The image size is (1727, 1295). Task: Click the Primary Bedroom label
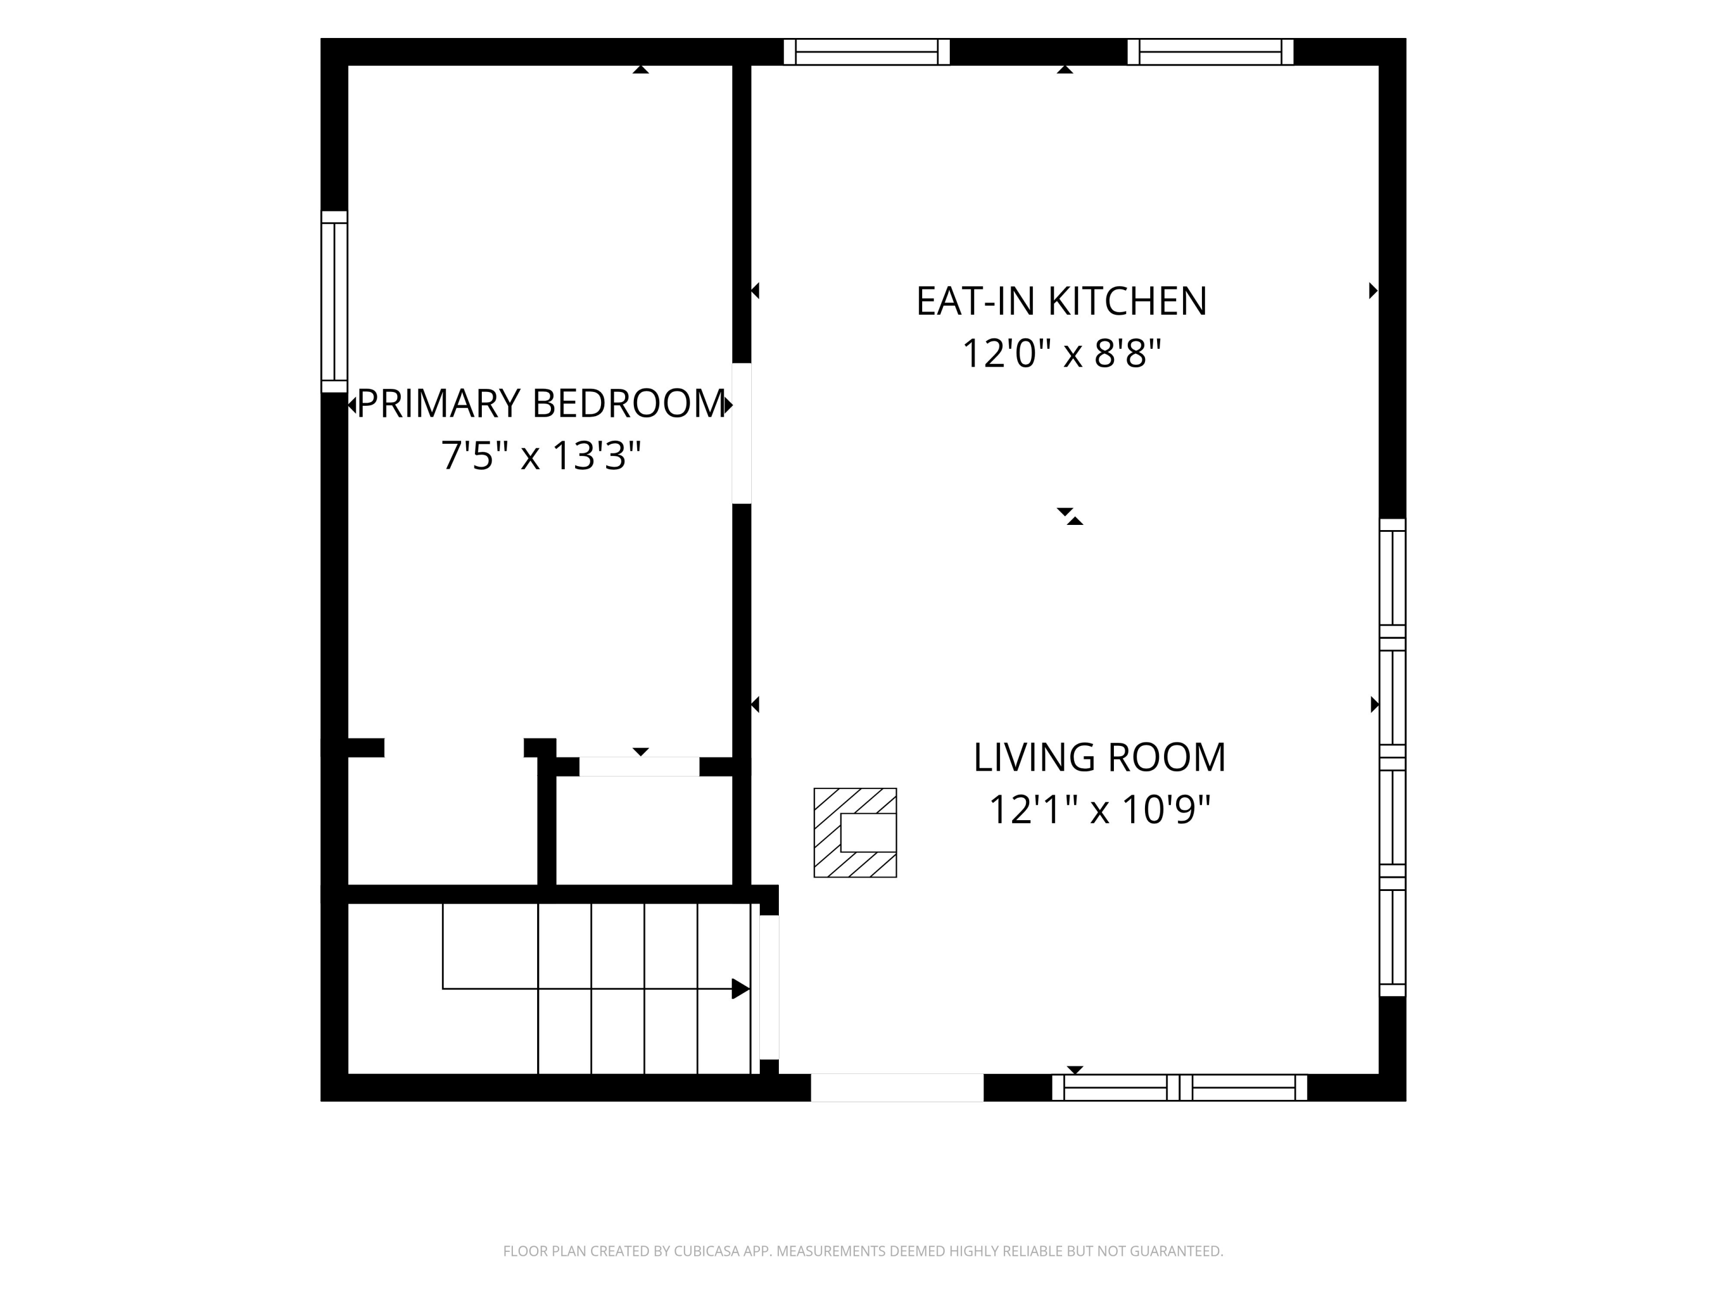[x=541, y=403]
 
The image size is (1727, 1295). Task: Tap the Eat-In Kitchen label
[x=1061, y=302]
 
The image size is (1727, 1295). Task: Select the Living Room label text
[x=1100, y=757]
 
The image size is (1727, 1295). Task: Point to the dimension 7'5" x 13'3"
[x=541, y=455]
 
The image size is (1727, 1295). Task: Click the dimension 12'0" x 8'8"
[x=1061, y=353]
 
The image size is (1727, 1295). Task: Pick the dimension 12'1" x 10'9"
[x=1100, y=809]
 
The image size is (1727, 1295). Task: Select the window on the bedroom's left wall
[x=334, y=302]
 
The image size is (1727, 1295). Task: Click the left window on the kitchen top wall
[x=866, y=52]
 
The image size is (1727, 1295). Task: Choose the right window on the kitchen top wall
[x=1210, y=52]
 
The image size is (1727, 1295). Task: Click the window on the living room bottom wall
[x=1180, y=1087]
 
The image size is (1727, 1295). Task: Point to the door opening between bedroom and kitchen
[x=741, y=433]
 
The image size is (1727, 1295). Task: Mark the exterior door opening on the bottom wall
[x=897, y=1087]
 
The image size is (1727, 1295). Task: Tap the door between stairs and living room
[x=769, y=988]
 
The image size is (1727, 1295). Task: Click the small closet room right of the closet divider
[x=644, y=831]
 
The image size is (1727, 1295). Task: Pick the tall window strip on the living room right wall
[x=1392, y=757]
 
